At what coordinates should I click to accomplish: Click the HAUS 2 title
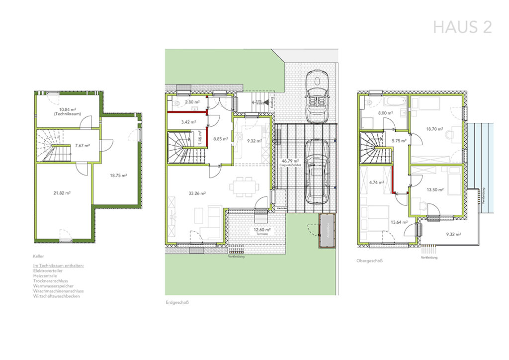pyautogui.click(x=462, y=27)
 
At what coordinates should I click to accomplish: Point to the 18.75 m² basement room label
pyautogui.click(x=118, y=175)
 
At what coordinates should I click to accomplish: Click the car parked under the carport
pyautogui.click(x=316, y=171)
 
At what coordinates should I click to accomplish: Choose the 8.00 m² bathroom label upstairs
pyautogui.click(x=386, y=113)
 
